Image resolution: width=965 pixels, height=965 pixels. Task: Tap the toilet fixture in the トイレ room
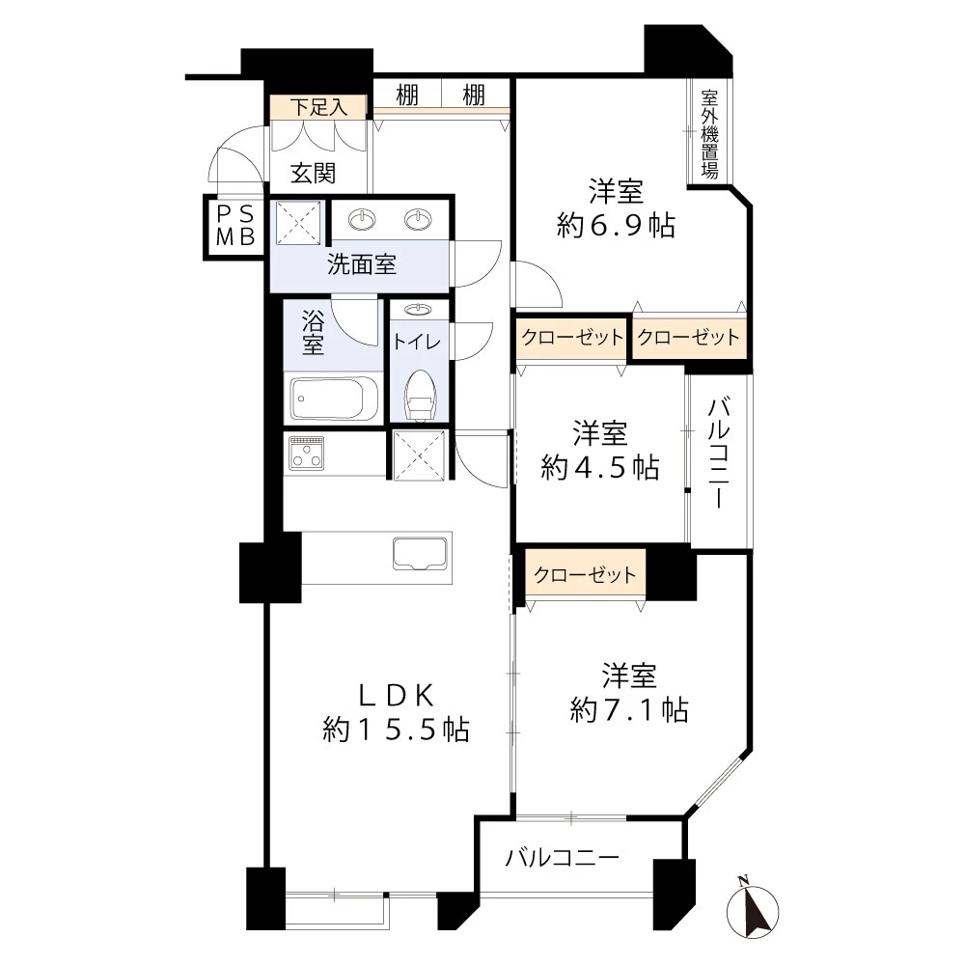pyautogui.click(x=421, y=395)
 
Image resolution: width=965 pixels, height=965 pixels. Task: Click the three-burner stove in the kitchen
pyautogui.click(x=307, y=453)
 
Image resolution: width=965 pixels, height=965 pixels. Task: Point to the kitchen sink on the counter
pyautogui.click(x=421, y=553)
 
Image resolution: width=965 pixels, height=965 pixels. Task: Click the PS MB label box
pyautogui.click(x=235, y=226)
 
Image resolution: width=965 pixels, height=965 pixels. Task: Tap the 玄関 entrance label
pyautogui.click(x=313, y=174)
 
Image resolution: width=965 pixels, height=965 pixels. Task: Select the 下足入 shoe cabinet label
pyautogui.click(x=318, y=107)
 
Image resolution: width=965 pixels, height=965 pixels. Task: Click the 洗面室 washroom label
pyautogui.click(x=361, y=264)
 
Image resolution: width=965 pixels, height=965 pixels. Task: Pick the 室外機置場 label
pyautogui.click(x=709, y=134)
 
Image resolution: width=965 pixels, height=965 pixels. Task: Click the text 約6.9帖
pyautogui.click(x=616, y=225)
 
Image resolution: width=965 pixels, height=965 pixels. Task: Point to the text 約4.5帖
pyautogui.click(x=600, y=468)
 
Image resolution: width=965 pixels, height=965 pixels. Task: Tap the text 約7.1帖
pyautogui.click(x=629, y=709)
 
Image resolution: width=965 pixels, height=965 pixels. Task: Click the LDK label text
pyautogui.click(x=397, y=696)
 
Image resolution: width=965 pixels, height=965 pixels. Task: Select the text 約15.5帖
pyautogui.click(x=397, y=730)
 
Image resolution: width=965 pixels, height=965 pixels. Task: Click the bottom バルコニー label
pyautogui.click(x=562, y=857)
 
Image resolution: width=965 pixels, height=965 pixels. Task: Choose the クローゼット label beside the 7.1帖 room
pyautogui.click(x=585, y=574)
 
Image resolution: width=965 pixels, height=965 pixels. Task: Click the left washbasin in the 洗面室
pyautogui.click(x=362, y=218)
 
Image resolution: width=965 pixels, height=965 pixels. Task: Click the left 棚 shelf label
pyautogui.click(x=407, y=96)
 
